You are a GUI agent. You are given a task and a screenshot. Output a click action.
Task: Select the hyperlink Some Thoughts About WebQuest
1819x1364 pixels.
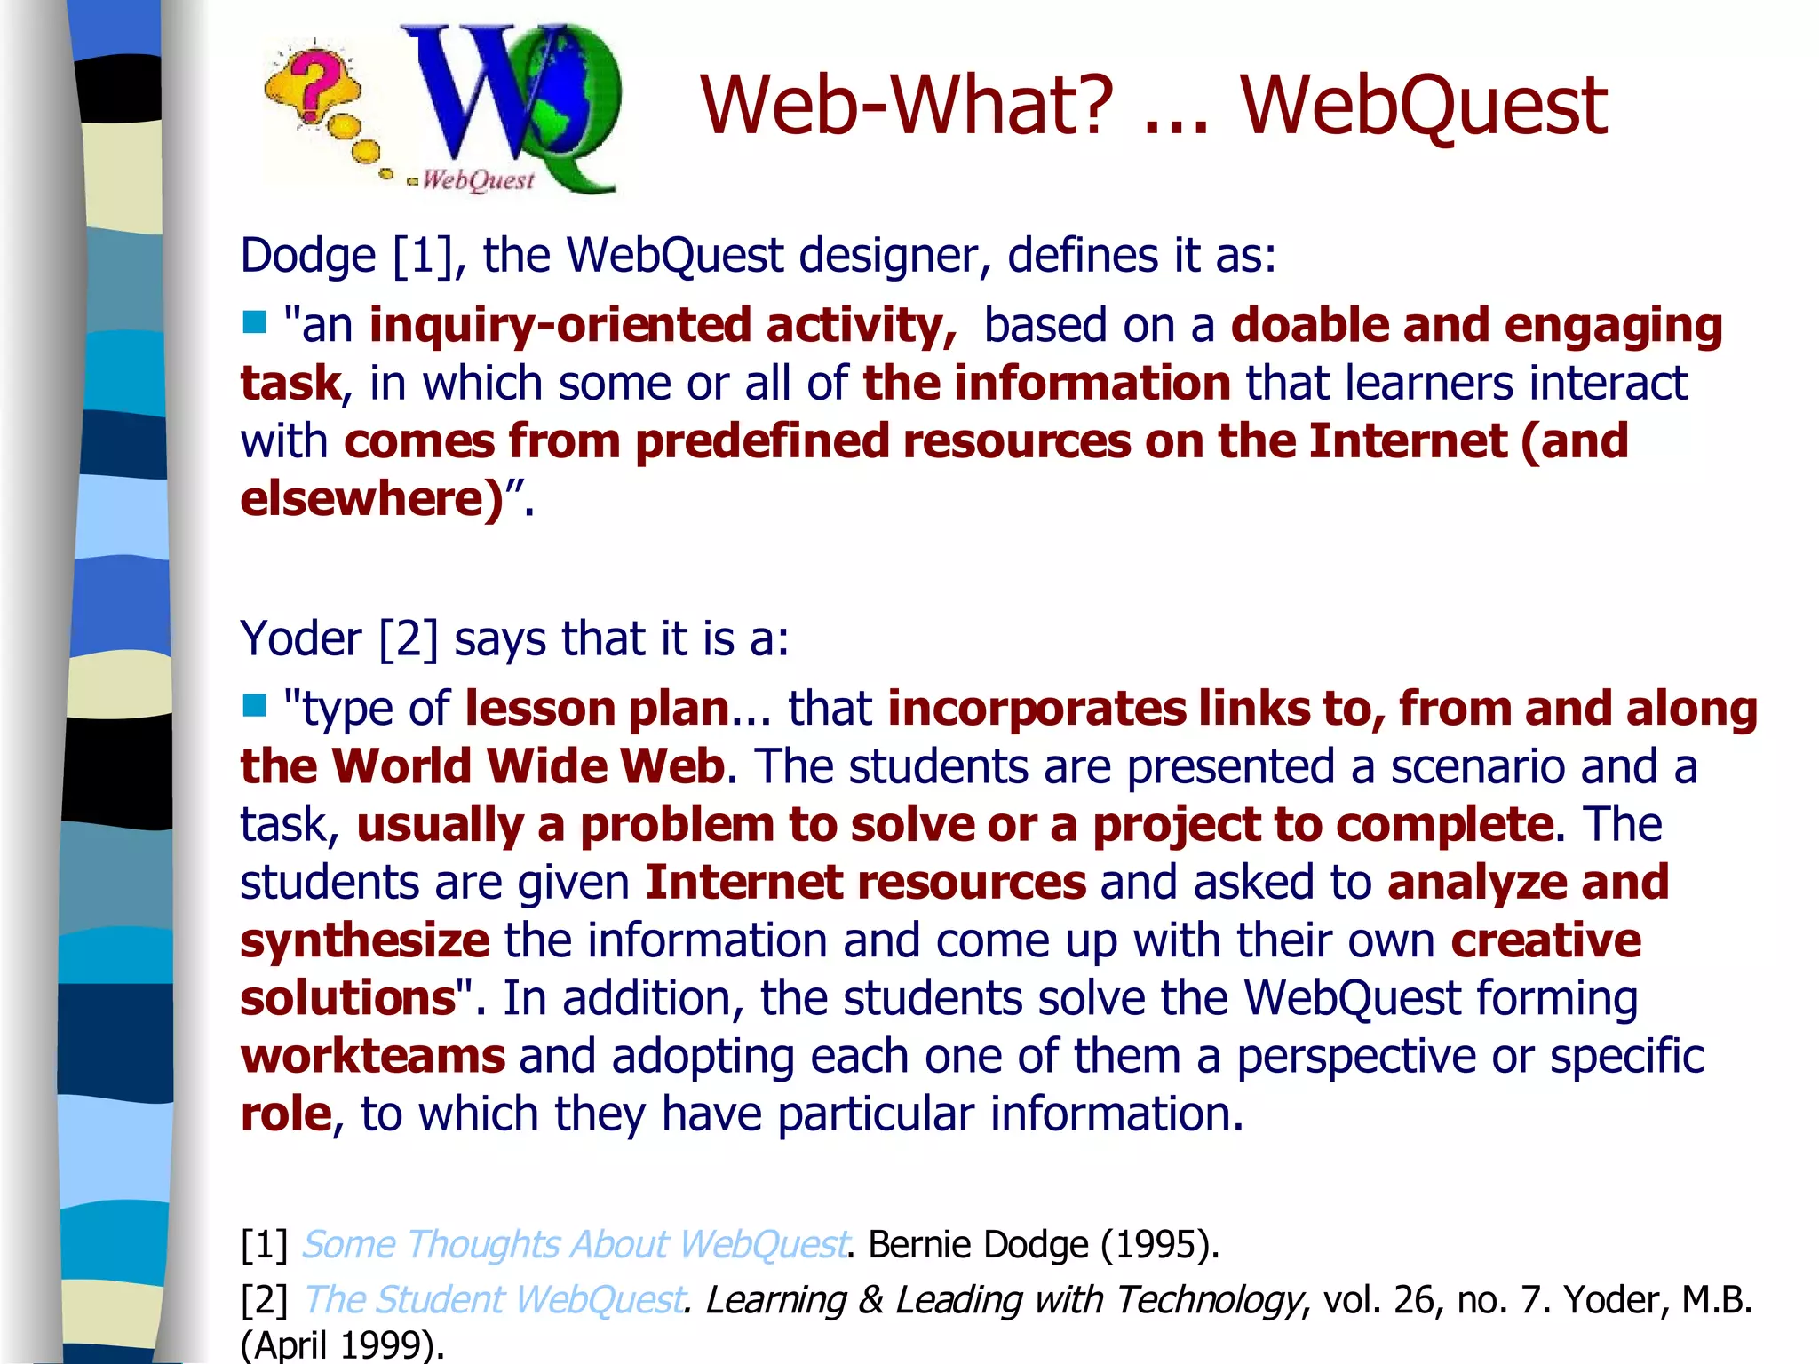575,1244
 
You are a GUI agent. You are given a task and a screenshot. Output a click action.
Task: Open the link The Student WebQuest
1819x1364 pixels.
494,1299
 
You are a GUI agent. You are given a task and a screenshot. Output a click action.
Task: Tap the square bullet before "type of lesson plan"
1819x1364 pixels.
254,705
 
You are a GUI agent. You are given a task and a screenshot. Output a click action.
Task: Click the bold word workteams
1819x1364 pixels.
373,1056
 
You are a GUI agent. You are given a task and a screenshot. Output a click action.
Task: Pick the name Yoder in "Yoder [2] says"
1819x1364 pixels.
300,638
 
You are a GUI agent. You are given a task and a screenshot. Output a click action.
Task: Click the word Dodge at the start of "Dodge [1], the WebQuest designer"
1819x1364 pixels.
308,256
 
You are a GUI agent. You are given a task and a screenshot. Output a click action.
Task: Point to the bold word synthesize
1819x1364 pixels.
364,940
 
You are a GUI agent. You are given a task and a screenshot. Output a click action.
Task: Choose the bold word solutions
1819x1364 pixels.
348,998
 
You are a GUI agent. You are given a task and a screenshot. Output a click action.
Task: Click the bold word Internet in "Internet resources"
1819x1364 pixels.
744,882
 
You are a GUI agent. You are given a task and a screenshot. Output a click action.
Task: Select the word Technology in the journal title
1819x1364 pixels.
1209,1299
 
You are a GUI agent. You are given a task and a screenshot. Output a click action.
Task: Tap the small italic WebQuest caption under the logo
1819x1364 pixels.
478,180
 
